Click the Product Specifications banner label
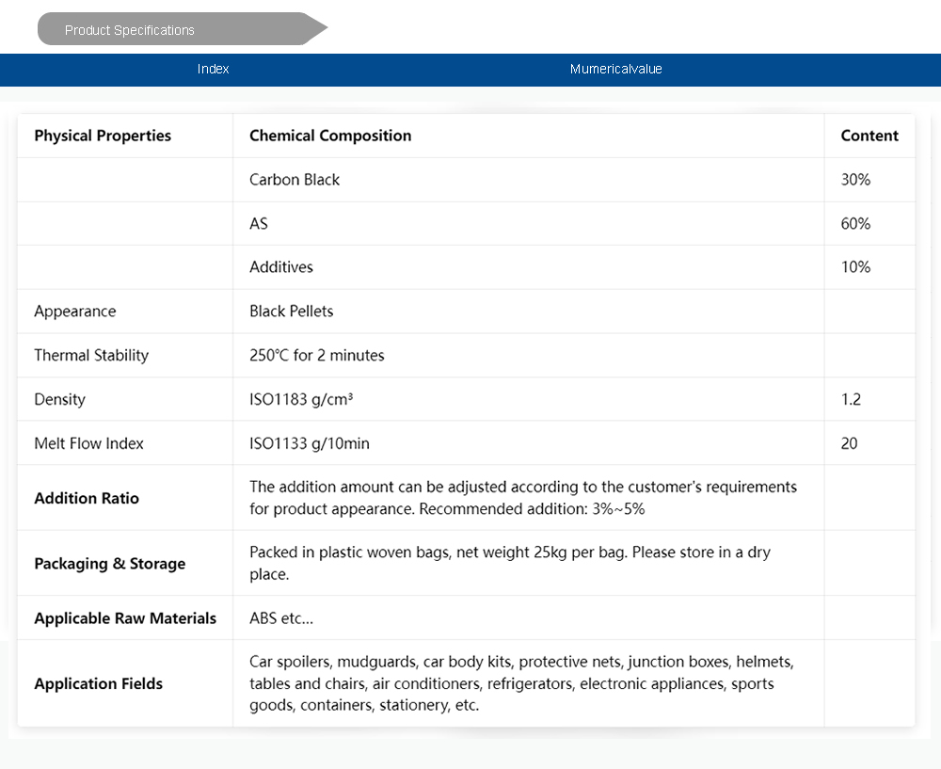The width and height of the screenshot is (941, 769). coord(130,30)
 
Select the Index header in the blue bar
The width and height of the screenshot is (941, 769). coord(214,69)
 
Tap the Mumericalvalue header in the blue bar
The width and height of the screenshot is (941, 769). coord(616,69)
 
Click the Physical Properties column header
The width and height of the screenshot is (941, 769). coord(103,136)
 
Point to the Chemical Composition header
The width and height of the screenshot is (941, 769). coord(330,136)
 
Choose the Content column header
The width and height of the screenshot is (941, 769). coord(869,136)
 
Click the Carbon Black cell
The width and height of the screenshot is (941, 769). coord(295,180)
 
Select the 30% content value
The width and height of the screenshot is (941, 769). coord(855,180)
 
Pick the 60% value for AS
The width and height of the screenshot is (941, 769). coord(855,223)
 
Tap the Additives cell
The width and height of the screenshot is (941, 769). coord(281,267)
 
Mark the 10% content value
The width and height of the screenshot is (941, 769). coord(855,267)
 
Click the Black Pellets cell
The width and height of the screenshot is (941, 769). coord(292,312)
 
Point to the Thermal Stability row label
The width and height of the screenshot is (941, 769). coord(91,356)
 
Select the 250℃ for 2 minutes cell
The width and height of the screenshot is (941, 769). coord(317,356)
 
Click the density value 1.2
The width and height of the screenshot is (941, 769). coord(851,399)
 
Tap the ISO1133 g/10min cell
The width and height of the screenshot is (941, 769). coord(310,443)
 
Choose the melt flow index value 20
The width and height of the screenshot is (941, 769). coord(849,443)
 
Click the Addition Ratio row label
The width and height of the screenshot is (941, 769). coord(87,498)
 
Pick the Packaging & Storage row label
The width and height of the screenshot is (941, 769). coord(110,564)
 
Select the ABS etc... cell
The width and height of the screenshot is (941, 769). coord(281,618)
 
